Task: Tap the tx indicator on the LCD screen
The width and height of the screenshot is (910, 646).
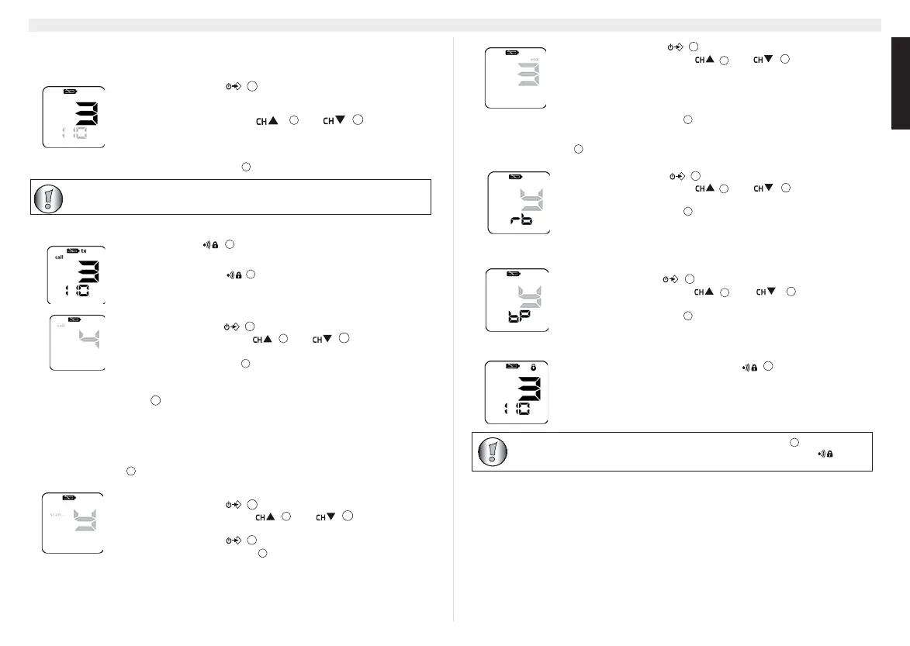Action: coord(84,250)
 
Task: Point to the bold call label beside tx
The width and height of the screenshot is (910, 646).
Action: coord(59,257)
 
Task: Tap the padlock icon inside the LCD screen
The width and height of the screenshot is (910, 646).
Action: coord(533,366)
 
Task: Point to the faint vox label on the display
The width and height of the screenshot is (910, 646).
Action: coord(533,59)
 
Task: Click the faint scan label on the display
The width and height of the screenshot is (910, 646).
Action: coord(57,513)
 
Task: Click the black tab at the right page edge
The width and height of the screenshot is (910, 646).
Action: coord(900,86)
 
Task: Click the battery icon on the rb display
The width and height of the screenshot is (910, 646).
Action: coord(515,177)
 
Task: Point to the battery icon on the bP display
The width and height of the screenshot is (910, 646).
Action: coord(513,274)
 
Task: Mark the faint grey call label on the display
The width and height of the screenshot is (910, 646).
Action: coord(61,326)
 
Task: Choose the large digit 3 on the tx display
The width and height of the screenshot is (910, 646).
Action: coord(85,271)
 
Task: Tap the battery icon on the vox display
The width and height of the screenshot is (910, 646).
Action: coord(512,53)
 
